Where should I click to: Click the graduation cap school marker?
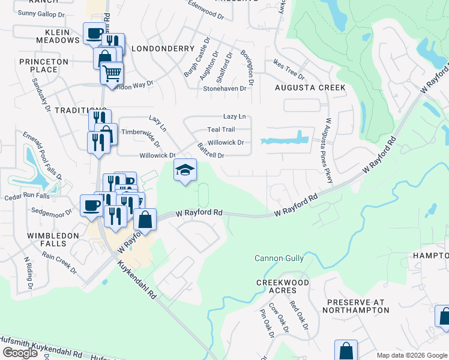pyautogui.click(x=185, y=170)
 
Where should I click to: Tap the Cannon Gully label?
pyautogui.click(x=279, y=258)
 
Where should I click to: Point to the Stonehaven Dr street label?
pyautogui.click(x=225, y=88)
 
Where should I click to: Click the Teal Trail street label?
pyautogui.click(x=221, y=130)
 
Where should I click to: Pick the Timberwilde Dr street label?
pyautogui.click(x=141, y=137)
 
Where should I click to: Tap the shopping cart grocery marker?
pyautogui.click(x=112, y=74)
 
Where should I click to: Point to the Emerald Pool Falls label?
pyautogui.click(x=43, y=155)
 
